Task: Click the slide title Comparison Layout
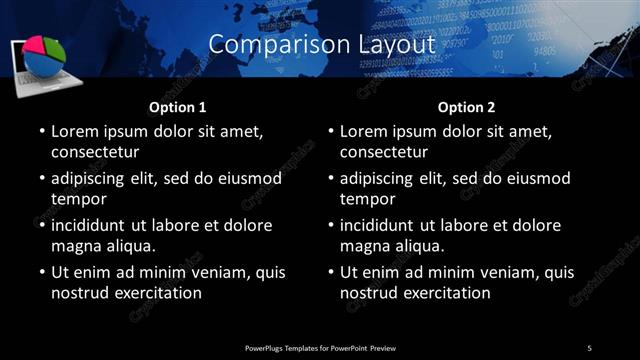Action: pyautogui.click(x=322, y=44)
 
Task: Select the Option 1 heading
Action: pyautogui.click(x=177, y=106)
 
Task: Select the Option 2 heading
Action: pyautogui.click(x=466, y=106)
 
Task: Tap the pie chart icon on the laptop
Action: pyautogui.click(x=43, y=57)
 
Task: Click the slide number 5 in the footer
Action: pyautogui.click(x=589, y=347)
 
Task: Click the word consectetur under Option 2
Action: pyautogui.click(x=383, y=153)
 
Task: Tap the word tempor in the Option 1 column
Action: pyautogui.click(x=77, y=199)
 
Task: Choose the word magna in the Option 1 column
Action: pyautogui.click(x=75, y=245)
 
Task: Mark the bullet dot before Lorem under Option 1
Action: pyautogui.click(x=41, y=132)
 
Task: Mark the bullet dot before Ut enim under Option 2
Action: pyautogui.click(x=330, y=272)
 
